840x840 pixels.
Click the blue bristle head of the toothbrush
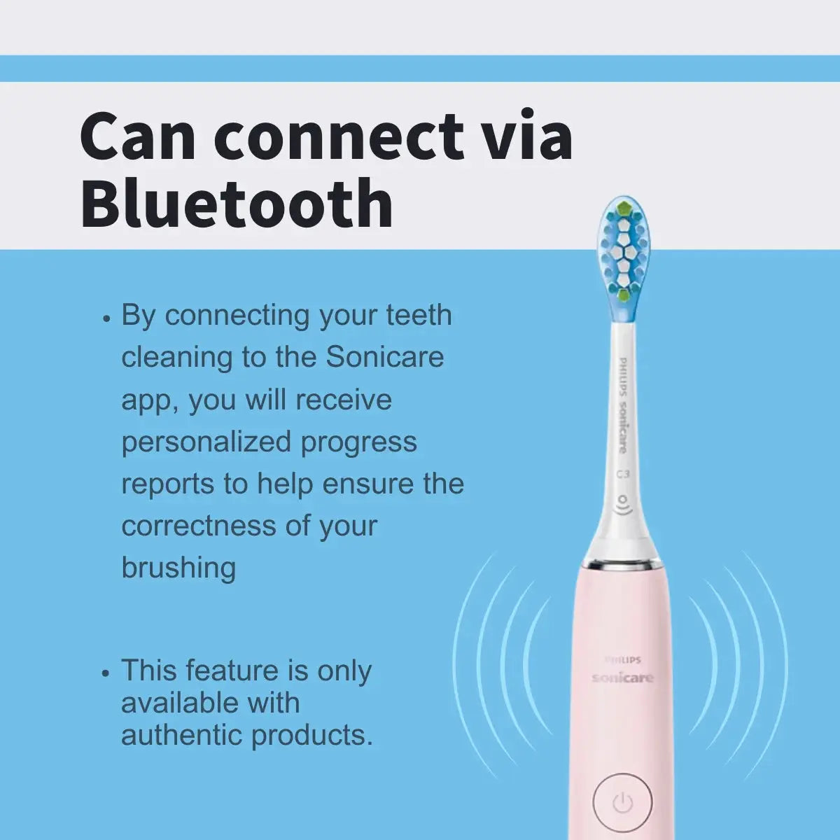coord(625,252)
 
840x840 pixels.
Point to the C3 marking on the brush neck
coord(623,474)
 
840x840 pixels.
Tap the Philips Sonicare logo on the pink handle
coord(622,672)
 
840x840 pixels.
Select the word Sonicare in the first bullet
coord(385,358)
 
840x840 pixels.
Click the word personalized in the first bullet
coord(206,442)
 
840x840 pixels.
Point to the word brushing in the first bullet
coord(178,568)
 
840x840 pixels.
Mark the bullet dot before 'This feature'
coord(106,673)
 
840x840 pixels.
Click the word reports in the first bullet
coord(167,484)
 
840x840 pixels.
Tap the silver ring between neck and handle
coord(622,561)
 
